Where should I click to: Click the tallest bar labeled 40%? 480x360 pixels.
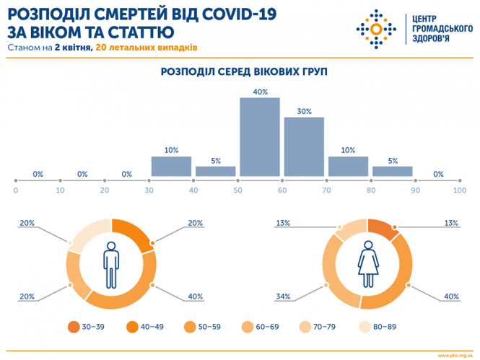[x=259, y=137]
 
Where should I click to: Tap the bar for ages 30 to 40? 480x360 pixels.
[x=171, y=166]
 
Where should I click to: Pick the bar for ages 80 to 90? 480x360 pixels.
[x=392, y=171]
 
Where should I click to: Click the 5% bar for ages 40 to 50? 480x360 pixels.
[x=215, y=171]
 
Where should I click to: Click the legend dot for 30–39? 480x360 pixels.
[x=74, y=326]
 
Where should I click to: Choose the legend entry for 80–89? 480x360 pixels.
[x=363, y=326]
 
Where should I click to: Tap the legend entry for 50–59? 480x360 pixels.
[x=202, y=326]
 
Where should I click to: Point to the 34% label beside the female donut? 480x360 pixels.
[x=283, y=296]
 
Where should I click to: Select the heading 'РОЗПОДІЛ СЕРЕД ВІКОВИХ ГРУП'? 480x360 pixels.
[x=239, y=72]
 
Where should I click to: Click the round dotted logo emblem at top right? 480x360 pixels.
[x=376, y=30]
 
